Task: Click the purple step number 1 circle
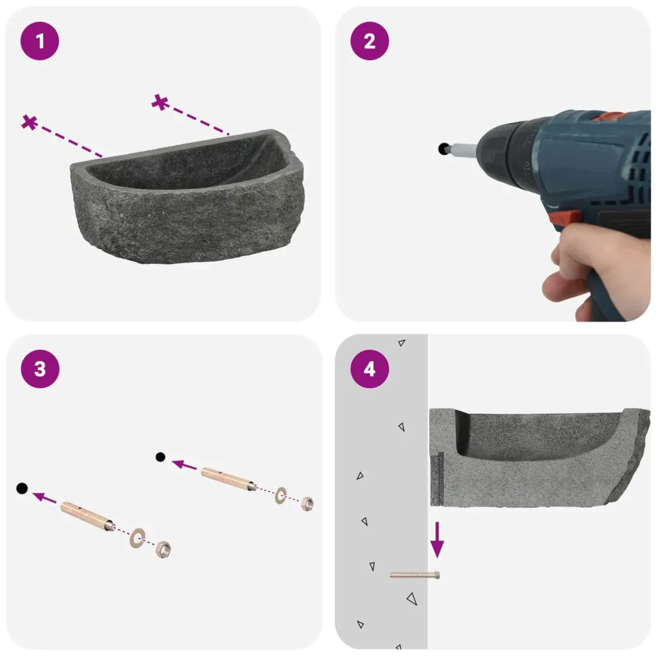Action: (x=40, y=41)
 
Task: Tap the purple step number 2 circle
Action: (x=370, y=41)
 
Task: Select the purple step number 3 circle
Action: (x=40, y=369)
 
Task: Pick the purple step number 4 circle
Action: (x=370, y=369)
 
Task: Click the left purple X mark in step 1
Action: (x=29, y=122)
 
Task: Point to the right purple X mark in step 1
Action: (x=160, y=102)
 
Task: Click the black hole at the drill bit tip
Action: (x=443, y=149)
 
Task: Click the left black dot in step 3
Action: (x=22, y=488)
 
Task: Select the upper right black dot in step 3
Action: (x=160, y=457)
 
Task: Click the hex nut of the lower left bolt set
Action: (x=163, y=548)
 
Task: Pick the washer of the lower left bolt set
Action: (x=137, y=538)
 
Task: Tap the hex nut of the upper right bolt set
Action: (x=307, y=504)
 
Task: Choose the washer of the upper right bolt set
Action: (x=281, y=495)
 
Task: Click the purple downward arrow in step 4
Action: (x=437, y=539)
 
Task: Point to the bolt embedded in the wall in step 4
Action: (x=414, y=576)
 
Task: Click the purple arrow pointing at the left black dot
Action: (x=44, y=497)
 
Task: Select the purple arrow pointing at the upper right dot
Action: (x=184, y=465)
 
